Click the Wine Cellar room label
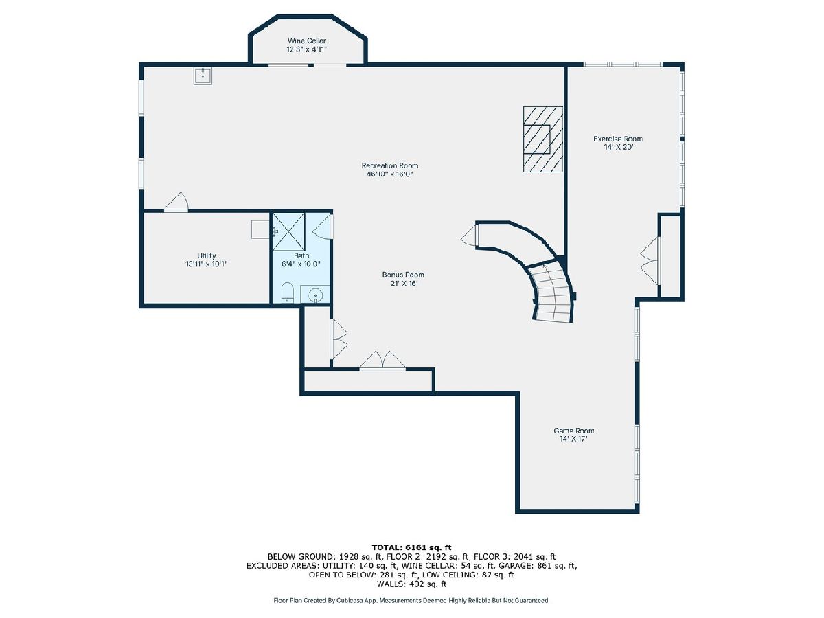click(x=307, y=41)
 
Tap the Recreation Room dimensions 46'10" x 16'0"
click(x=389, y=174)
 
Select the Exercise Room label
click(x=618, y=139)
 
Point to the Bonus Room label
click(x=403, y=275)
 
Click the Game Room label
click(x=573, y=431)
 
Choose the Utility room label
click(x=207, y=255)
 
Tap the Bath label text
click(x=301, y=255)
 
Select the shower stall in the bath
click(x=288, y=231)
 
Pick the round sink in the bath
click(x=315, y=295)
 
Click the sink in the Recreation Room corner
click(x=203, y=76)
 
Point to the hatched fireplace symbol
click(x=543, y=139)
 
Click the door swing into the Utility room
click(x=176, y=203)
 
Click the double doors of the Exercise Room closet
click(x=650, y=260)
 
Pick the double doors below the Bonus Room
click(x=382, y=360)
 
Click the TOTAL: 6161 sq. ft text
click(x=411, y=547)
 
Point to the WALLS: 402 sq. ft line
click(x=411, y=584)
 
